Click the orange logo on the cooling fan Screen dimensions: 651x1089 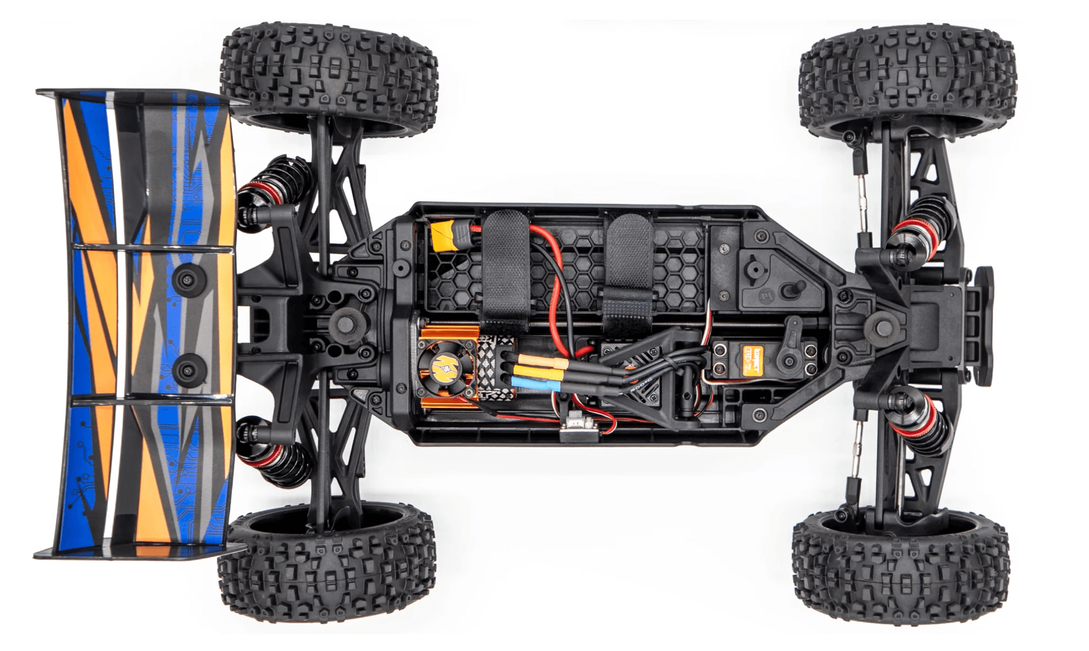click(440, 369)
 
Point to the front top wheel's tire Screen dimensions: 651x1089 click(906, 76)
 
